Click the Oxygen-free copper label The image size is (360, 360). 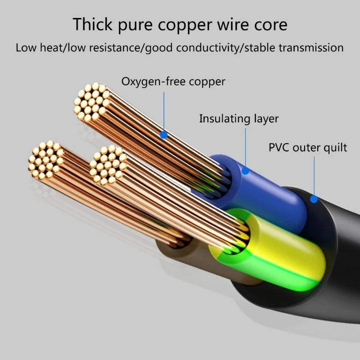pyautogui.click(x=173, y=81)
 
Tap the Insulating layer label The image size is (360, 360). pyautogui.click(x=239, y=119)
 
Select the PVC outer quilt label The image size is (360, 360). pyautogui.click(x=308, y=147)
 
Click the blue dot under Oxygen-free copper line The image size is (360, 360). pyautogui.click(x=164, y=135)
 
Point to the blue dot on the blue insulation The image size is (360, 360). pyautogui.click(x=246, y=171)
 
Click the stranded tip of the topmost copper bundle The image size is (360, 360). pyautogui.click(x=92, y=102)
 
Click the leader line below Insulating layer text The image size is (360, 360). pyautogui.click(x=246, y=146)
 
